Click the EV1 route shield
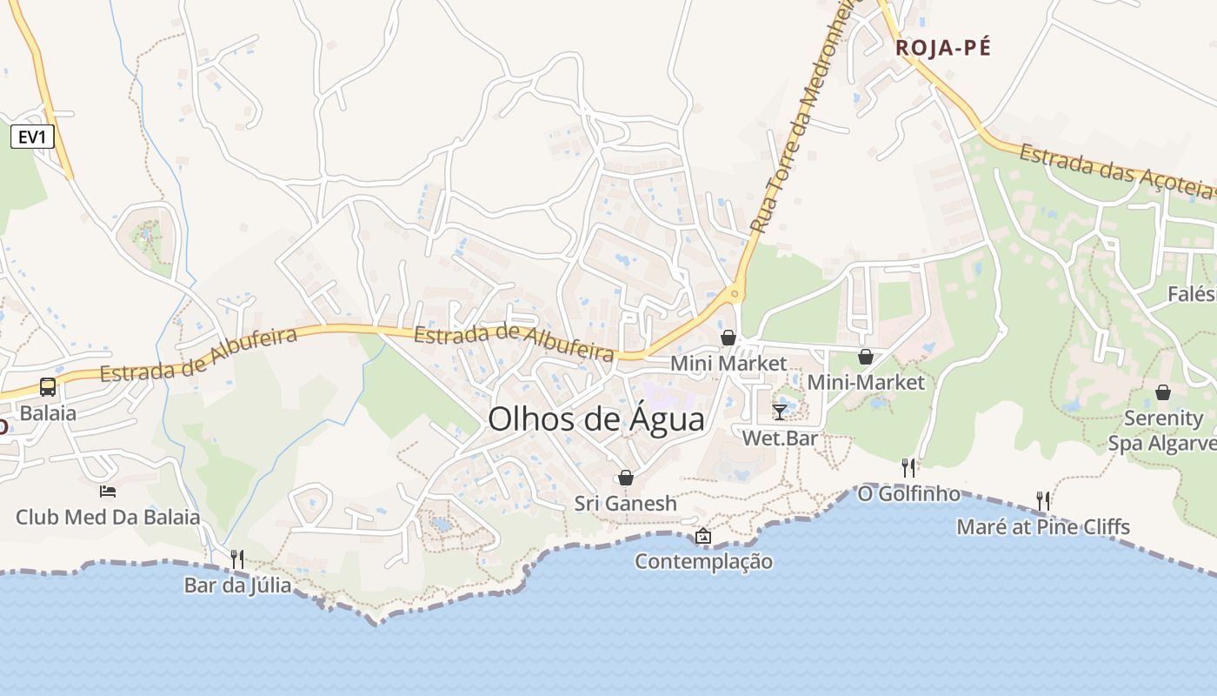click(x=33, y=136)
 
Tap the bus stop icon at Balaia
click(x=48, y=387)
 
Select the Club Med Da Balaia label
click(x=108, y=517)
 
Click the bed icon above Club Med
click(x=108, y=492)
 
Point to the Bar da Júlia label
click(x=237, y=585)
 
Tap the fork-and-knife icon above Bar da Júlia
click(x=237, y=559)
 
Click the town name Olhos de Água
click(x=595, y=419)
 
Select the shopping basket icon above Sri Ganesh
click(x=625, y=478)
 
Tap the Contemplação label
click(x=703, y=561)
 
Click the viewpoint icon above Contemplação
click(x=703, y=536)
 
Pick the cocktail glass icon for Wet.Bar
click(x=780, y=412)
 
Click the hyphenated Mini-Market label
click(x=866, y=382)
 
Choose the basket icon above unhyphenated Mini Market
click(x=728, y=338)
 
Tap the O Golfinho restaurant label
click(x=908, y=493)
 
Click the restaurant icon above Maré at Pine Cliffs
click(x=1043, y=500)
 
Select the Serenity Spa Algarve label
click(x=1162, y=430)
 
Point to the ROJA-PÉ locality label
click(x=942, y=48)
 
